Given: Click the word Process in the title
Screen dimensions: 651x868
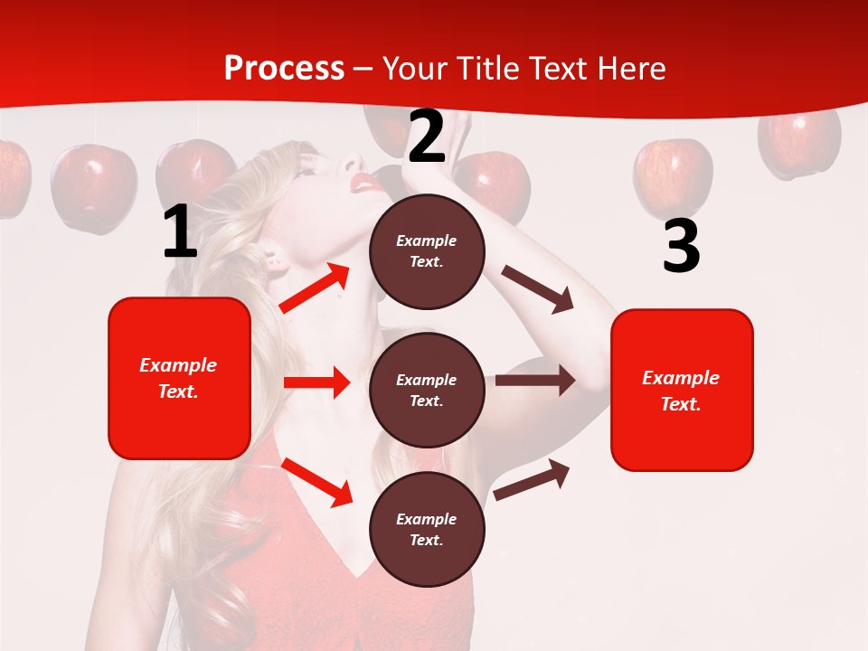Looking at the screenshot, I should pyautogui.click(x=284, y=69).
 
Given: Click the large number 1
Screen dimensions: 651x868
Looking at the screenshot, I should pyautogui.click(x=180, y=232).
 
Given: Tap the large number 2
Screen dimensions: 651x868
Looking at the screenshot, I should pyautogui.click(x=427, y=137).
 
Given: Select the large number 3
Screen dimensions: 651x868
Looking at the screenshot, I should pyautogui.click(x=681, y=246).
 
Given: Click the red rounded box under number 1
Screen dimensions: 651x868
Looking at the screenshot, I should pyautogui.click(x=179, y=378).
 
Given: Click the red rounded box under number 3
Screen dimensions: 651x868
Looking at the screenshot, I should pyautogui.click(x=682, y=390).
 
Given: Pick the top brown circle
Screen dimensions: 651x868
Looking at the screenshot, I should pyautogui.click(x=427, y=251).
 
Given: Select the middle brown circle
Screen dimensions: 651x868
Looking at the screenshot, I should pyautogui.click(x=427, y=390).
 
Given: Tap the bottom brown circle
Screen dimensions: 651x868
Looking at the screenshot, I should pyautogui.click(x=427, y=529).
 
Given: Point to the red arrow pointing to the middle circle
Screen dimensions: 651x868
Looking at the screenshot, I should pyautogui.click(x=316, y=382).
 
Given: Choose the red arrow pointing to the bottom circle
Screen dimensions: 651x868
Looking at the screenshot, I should pyautogui.click(x=316, y=481).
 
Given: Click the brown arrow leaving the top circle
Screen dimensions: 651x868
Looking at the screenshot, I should pyautogui.click(x=538, y=288).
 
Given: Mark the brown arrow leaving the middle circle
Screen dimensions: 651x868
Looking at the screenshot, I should pyautogui.click(x=535, y=381).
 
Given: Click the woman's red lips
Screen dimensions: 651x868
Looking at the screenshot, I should pyautogui.click(x=366, y=183).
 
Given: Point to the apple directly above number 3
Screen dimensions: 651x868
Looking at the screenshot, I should pyautogui.click(x=672, y=174).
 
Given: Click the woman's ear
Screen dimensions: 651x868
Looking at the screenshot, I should pyautogui.click(x=272, y=262).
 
